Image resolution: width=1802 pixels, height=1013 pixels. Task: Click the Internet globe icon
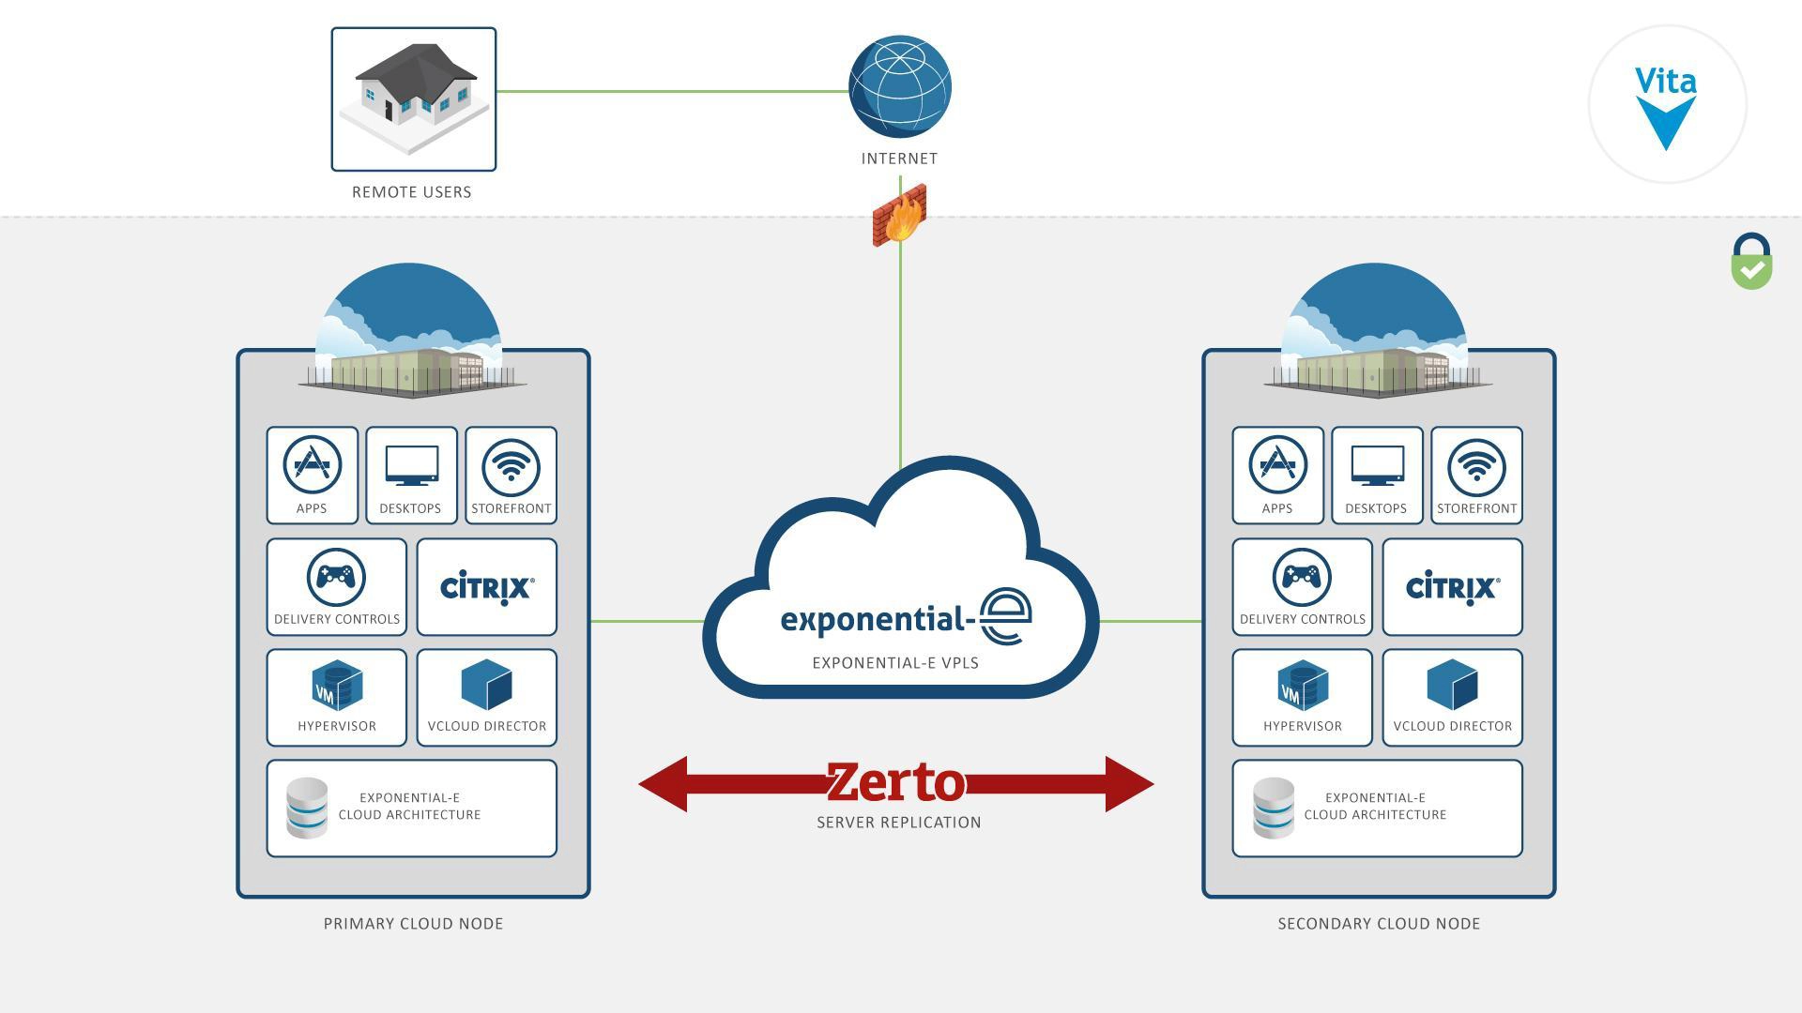click(x=899, y=86)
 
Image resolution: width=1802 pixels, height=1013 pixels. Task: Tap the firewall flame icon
click(x=900, y=217)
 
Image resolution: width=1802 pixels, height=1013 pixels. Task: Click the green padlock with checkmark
click(x=1751, y=262)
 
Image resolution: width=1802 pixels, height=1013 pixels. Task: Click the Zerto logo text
click(x=895, y=782)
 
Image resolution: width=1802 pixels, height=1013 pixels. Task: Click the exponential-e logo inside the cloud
click(x=906, y=617)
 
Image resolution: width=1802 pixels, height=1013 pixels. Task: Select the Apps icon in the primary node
click(x=312, y=465)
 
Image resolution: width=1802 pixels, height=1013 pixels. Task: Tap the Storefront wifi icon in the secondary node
click(x=1476, y=466)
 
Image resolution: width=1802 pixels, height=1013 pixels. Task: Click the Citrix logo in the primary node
click(x=487, y=587)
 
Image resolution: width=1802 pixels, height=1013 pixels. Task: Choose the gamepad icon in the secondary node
click(x=1302, y=577)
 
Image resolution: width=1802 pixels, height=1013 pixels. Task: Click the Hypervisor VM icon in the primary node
click(x=336, y=686)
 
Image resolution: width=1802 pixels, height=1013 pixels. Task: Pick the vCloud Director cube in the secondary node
click(x=1452, y=684)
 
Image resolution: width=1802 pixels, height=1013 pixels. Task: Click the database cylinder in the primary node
click(x=307, y=808)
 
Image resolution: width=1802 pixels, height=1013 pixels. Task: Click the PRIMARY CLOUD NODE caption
click(x=413, y=924)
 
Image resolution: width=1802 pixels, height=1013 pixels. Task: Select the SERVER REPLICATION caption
click(x=898, y=823)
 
